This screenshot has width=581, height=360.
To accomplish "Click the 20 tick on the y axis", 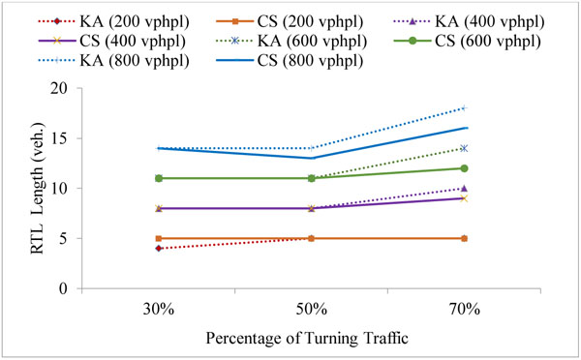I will [x=65, y=88].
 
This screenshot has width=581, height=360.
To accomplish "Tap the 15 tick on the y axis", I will [x=65, y=138].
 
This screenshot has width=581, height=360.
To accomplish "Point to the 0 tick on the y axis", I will [x=69, y=288].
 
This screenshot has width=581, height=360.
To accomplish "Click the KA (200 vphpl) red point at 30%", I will [x=158, y=249].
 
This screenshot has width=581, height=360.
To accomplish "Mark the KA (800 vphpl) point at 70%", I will [x=464, y=108].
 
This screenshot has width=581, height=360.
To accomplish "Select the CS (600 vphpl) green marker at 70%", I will [x=464, y=168].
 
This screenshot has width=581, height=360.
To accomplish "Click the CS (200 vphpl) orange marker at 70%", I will [x=464, y=238].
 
